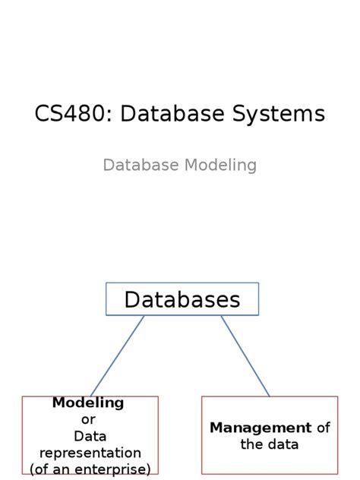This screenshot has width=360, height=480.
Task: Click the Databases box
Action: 182,299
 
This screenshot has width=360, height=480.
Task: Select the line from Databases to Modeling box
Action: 118,355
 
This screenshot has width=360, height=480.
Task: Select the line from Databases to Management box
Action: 245,355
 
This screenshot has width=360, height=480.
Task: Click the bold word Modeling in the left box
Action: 88,403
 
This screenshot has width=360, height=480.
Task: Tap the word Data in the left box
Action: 89,436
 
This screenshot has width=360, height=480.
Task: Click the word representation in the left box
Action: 90,453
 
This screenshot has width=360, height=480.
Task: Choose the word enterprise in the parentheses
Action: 115,469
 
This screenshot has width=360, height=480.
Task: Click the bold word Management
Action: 261,428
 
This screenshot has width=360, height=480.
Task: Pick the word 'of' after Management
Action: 323,428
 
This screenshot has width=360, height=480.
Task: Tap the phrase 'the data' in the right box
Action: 270,444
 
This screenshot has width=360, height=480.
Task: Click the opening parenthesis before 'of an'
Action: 33,469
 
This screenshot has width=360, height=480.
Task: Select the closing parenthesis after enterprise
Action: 149,469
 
